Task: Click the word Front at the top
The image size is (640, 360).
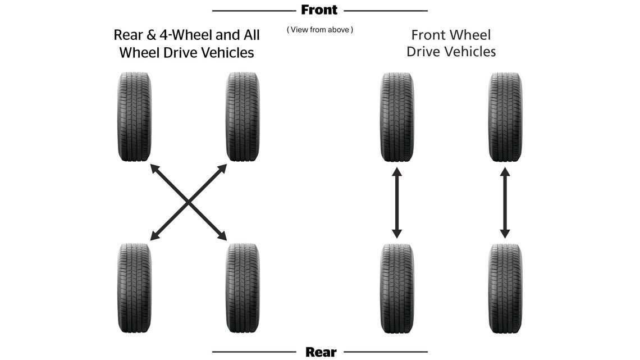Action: tap(319, 10)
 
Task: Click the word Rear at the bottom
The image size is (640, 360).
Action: tap(321, 352)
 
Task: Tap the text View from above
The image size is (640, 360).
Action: tap(320, 30)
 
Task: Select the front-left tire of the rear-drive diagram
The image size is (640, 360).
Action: tap(135, 117)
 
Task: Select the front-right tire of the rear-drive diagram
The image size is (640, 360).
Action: tap(243, 117)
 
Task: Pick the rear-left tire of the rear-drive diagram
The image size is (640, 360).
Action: tap(135, 288)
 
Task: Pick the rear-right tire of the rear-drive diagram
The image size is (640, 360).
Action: tap(243, 288)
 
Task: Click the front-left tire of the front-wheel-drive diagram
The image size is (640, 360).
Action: tap(397, 117)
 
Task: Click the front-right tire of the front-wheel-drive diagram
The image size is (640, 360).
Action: tap(505, 117)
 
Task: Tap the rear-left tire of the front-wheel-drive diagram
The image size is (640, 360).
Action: tap(397, 288)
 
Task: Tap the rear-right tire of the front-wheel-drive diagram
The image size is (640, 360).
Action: tap(505, 288)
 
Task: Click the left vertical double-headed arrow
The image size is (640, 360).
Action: tap(397, 203)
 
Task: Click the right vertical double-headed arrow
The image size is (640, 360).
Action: tap(505, 203)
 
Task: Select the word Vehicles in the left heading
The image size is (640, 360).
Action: tap(224, 53)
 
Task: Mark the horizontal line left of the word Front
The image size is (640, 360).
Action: tap(253, 11)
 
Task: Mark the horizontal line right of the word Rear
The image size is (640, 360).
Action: tap(385, 352)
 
